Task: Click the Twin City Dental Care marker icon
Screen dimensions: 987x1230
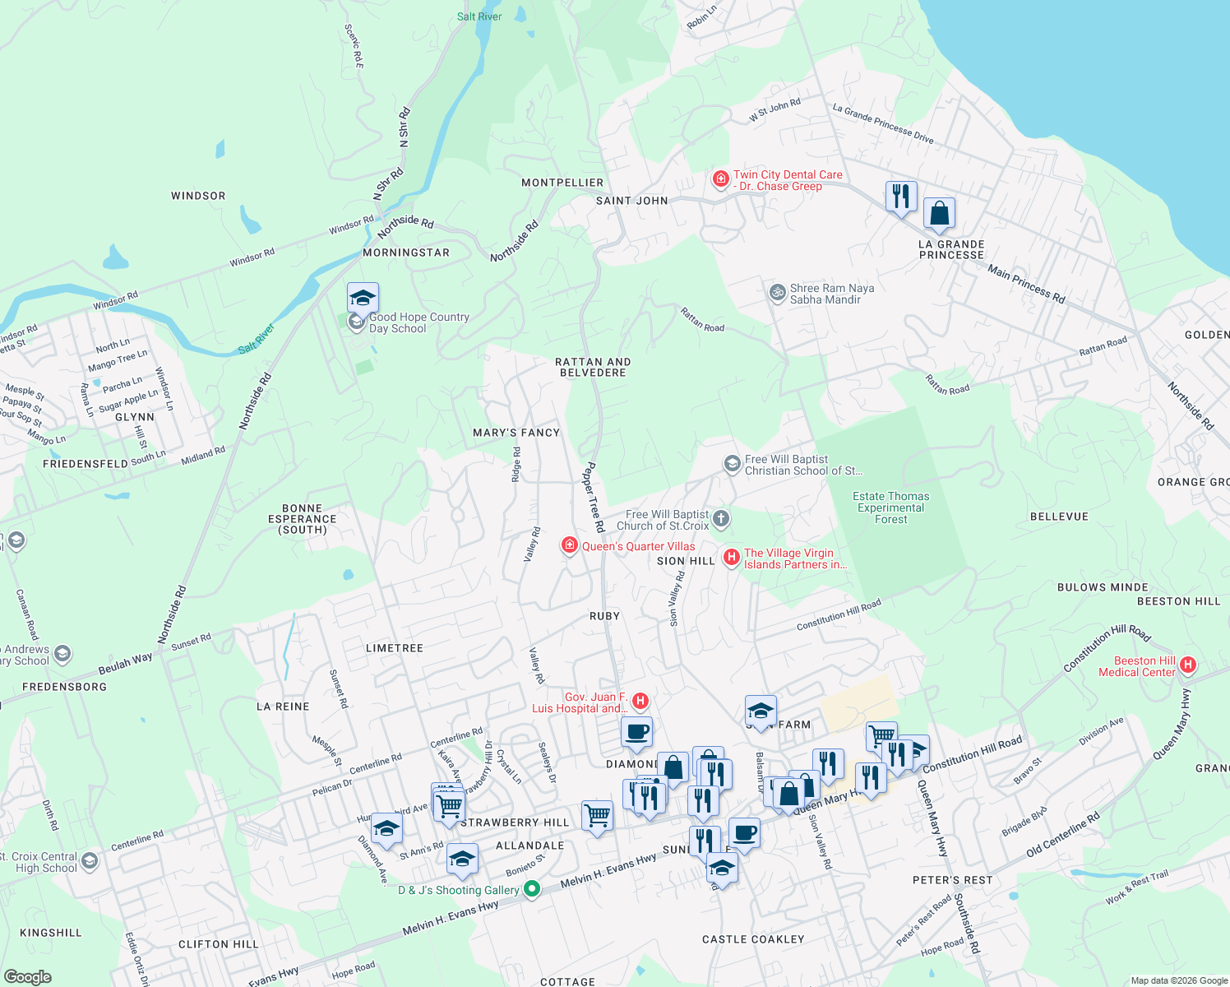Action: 721,179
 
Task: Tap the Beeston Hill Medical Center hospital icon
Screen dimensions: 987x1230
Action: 1187,665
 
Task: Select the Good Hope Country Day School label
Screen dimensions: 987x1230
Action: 418,322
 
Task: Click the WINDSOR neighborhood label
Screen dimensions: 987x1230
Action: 198,196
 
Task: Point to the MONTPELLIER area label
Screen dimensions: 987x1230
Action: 562,183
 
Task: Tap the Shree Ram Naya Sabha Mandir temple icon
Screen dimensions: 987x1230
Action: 777,293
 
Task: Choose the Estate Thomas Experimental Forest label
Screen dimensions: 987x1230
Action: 890,507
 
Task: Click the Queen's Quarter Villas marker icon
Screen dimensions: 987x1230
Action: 569,545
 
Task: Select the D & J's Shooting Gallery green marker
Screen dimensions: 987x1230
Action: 532,889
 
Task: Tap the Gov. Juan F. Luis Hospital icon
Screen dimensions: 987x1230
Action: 640,701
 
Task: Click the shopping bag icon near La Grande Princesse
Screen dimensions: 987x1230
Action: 939,214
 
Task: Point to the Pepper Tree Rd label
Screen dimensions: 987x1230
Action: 594,496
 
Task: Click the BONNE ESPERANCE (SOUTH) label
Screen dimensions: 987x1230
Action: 302,519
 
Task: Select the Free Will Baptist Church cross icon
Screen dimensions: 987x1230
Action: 721,518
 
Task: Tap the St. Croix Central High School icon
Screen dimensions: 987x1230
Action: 90,861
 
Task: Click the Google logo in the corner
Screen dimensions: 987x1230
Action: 27,977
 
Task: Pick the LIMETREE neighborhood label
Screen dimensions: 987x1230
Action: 395,648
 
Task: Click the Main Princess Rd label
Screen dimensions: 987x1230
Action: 1026,284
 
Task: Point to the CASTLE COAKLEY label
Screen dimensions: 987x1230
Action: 753,938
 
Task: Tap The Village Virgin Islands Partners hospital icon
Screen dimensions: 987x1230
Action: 731,558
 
